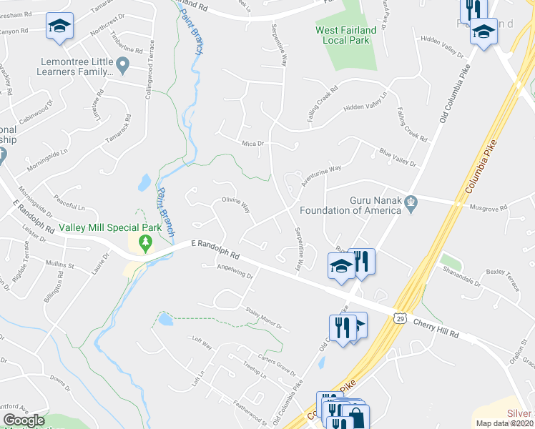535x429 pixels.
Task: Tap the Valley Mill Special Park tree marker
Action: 146,244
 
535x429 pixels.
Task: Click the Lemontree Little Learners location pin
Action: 122,67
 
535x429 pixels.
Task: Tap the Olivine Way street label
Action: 235,204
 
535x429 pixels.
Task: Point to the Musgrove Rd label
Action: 488,207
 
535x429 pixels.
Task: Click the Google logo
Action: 24,420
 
